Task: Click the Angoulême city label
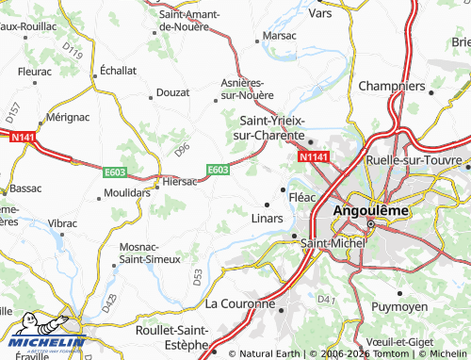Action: point(371,210)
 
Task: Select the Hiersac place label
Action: point(179,181)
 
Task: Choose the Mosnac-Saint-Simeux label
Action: point(156,254)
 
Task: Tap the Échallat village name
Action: point(119,70)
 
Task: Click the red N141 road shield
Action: point(24,137)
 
